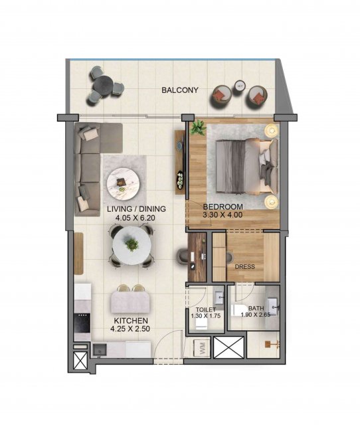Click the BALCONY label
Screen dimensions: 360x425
pos(180,90)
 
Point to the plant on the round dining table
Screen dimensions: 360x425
pos(132,244)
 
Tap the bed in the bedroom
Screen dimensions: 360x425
pos(247,166)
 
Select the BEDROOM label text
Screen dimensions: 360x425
pos(223,207)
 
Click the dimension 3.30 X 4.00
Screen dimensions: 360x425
pos(223,215)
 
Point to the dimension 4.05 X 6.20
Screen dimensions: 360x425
pos(135,217)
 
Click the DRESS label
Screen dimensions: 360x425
pos(245,267)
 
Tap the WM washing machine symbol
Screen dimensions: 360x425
pos(202,348)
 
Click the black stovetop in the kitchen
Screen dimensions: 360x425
pos(82,323)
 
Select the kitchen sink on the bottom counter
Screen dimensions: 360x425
pos(100,350)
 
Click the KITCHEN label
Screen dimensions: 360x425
pos(131,321)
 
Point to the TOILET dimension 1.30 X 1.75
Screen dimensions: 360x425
pos(206,316)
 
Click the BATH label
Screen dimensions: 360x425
pos(256,308)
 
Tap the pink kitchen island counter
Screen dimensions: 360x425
pos(131,301)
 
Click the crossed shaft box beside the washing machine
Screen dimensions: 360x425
pos(228,347)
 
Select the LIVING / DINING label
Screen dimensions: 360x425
pos(136,209)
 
